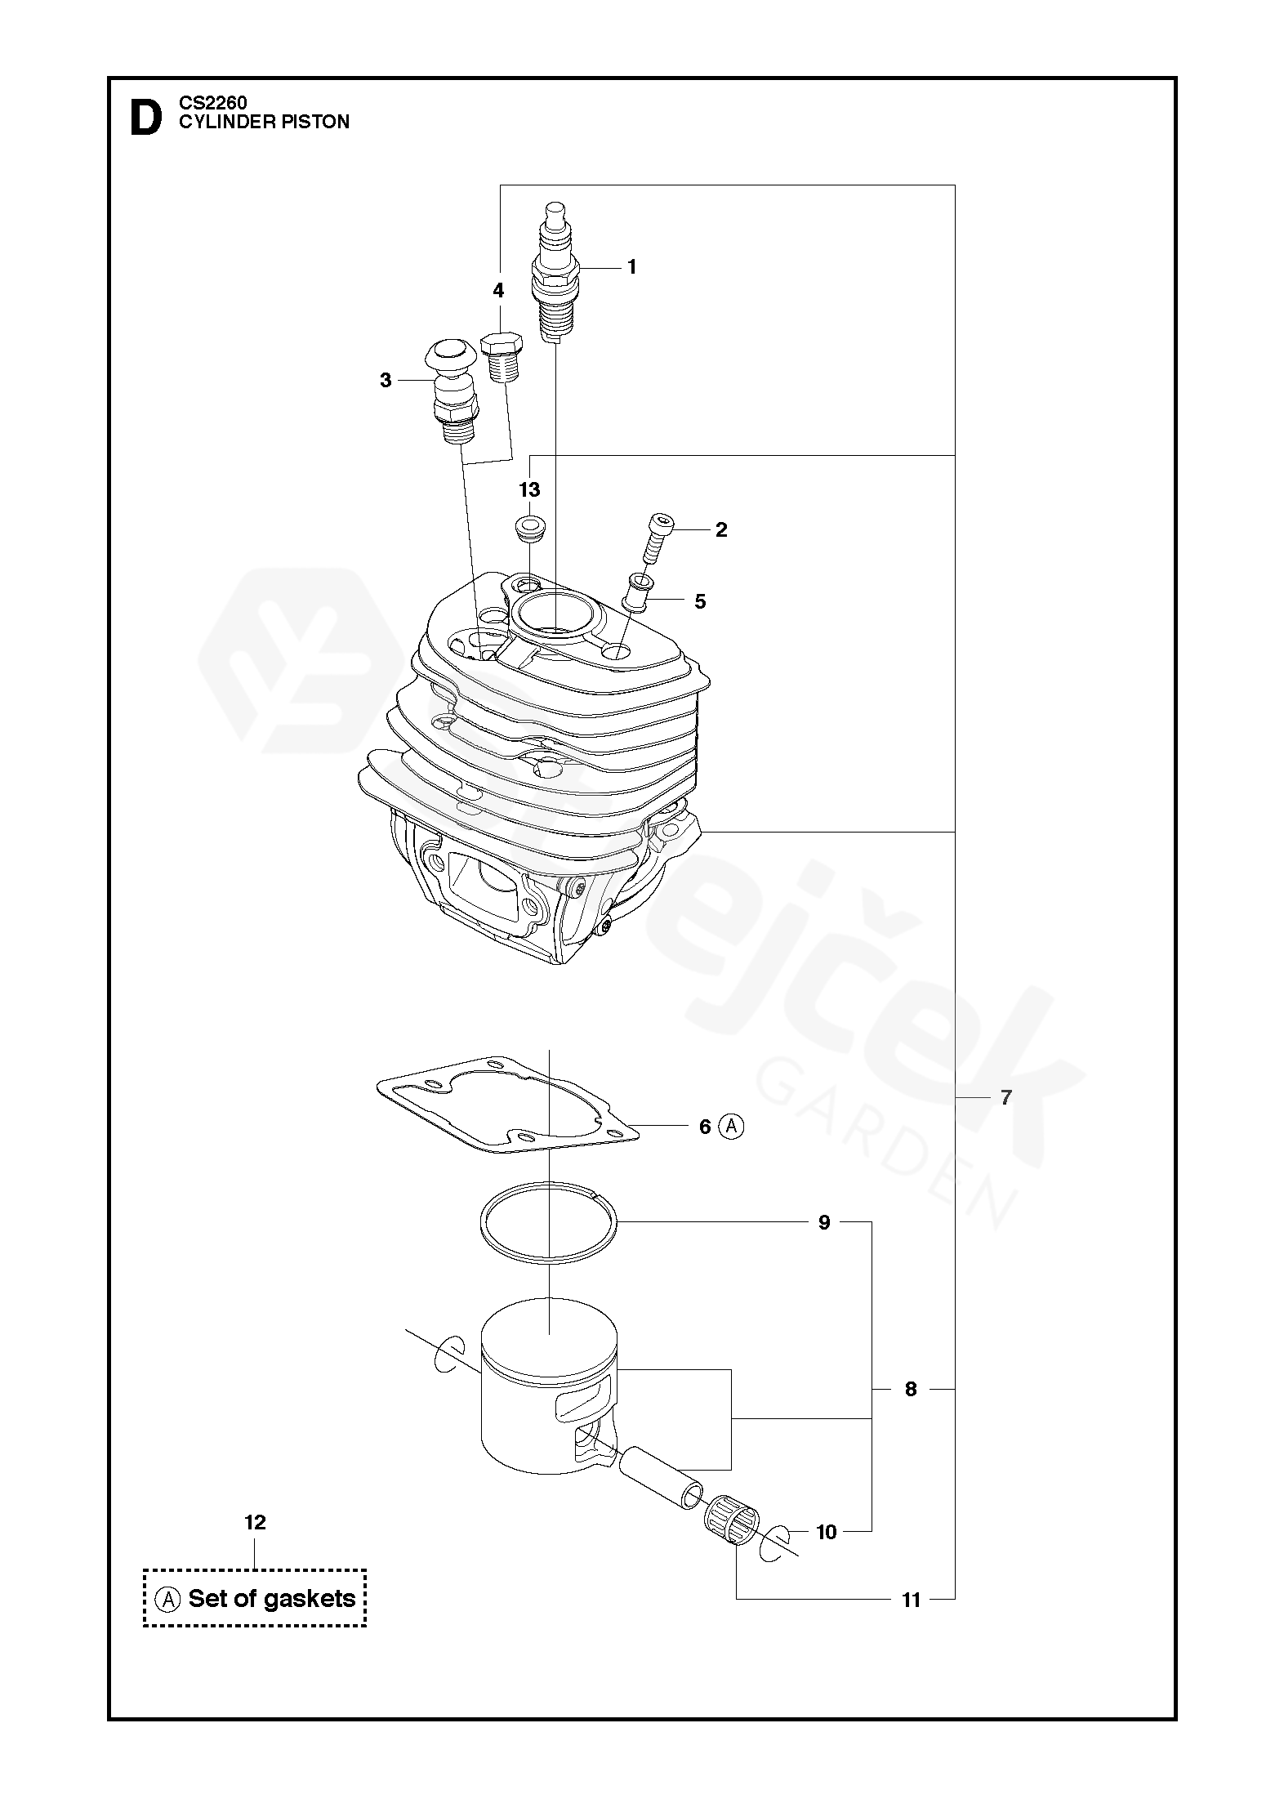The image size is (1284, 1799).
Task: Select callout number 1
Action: [x=631, y=267]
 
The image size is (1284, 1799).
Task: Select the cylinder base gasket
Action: [x=506, y=1103]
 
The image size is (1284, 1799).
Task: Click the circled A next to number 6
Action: [x=731, y=1127]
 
